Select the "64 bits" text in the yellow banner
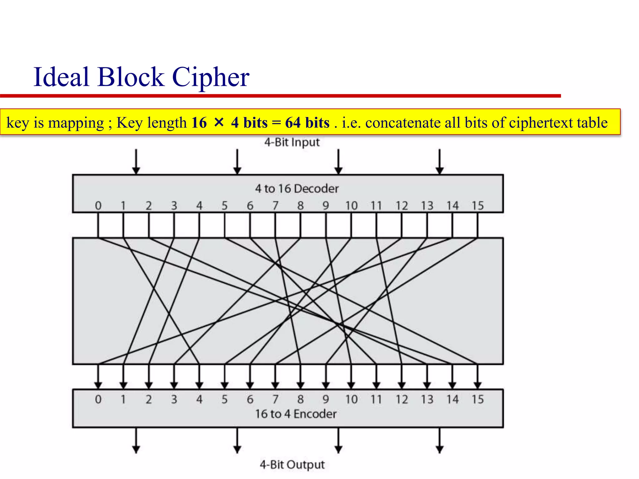(x=307, y=123)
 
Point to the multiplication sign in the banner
(x=219, y=123)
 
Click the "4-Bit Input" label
(x=292, y=142)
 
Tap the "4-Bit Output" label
(x=292, y=465)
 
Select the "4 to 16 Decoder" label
(x=297, y=188)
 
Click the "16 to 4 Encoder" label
(x=296, y=414)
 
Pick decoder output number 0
(x=98, y=206)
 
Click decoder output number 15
(x=477, y=206)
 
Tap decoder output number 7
(x=275, y=206)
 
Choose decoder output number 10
(x=351, y=206)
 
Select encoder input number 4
(x=199, y=399)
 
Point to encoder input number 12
(x=402, y=399)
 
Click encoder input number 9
(x=326, y=399)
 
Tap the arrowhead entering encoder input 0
(x=98, y=385)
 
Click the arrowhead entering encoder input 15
(x=477, y=385)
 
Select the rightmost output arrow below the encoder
(x=440, y=440)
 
